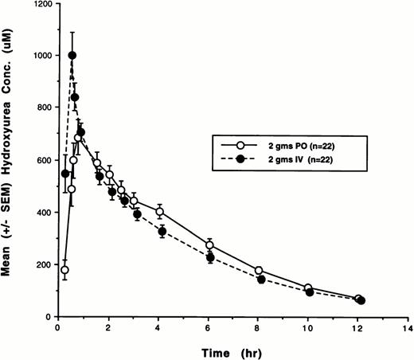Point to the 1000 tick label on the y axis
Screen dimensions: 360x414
[x=41, y=56]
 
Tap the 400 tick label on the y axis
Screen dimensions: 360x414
[x=44, y=213]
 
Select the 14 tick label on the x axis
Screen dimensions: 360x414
[x=408, y=327]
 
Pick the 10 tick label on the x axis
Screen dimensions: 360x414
[x=309, y=327]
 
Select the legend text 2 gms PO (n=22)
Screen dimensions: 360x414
[x=296, y=145]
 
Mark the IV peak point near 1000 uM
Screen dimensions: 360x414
[x=72, y=56]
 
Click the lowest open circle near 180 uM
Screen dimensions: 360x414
[x=64, y=270]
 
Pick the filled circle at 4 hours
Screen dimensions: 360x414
[x=162, y=232]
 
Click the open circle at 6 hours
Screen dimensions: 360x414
[x=210, y=245]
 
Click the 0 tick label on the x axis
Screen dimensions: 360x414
[x=58, y=327]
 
